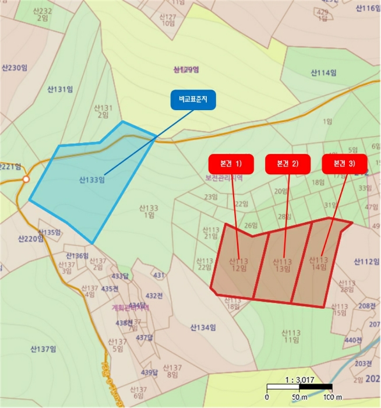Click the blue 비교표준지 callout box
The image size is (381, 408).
coord(193,100)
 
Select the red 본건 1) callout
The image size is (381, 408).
coord(230,164)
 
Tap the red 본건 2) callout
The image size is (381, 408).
coord(287,164)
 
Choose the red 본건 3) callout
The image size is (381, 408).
coord(344,164)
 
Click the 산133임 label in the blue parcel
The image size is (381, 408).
coord(92,180)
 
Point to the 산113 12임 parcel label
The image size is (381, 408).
coord(238,265)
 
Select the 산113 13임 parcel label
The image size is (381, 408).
coord(282,265)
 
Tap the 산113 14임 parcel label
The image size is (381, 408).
coord(319,263)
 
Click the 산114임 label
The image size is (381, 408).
coord(323,73)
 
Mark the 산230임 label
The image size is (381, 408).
coord(15,68)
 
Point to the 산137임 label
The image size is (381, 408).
coord(43,349)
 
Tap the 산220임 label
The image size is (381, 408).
coord(31,238)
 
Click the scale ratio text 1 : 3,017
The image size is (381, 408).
coord(299,379)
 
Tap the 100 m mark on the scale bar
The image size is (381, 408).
coord(331,397)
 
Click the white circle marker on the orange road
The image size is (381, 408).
coord(26,179)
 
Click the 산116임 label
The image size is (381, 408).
coord(367,8)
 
